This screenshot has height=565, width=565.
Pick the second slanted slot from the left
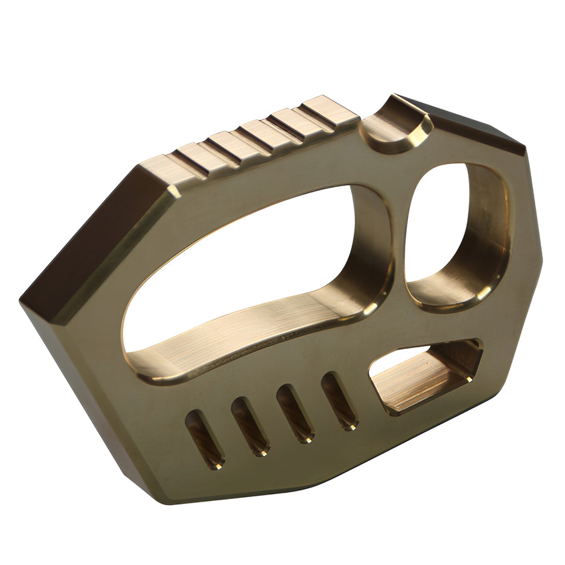(x=250, y=426)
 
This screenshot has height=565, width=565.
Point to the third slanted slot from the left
(x=295, y=413)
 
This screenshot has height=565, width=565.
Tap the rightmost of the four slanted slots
(x=340, y=401)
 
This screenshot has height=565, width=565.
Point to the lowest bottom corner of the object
(x=166, y=502)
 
